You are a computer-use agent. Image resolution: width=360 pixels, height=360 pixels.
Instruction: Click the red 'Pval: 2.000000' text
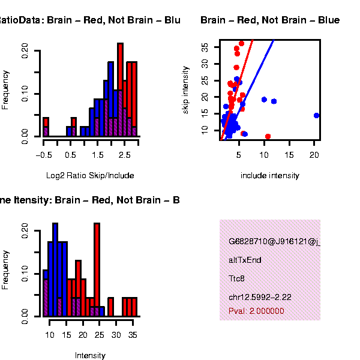(256, 311)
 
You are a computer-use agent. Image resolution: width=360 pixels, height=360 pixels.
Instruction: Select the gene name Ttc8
(236, 279)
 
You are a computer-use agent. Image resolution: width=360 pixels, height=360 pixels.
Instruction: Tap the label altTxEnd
(245, 260)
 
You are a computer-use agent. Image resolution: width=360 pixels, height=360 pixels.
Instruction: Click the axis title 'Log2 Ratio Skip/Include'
(90, 176)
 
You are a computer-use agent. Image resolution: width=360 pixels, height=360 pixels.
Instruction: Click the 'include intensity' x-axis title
(269, 176)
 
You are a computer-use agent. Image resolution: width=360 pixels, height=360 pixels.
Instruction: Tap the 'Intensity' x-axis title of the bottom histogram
(90, 355)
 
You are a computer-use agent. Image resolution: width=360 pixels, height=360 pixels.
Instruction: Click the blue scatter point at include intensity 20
(316, 115)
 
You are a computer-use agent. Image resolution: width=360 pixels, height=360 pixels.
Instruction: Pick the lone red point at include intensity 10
(268, 137)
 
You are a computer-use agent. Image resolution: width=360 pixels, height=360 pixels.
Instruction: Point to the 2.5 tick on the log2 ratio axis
(124, 155)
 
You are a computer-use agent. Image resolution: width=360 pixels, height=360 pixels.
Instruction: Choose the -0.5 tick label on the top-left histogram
(44, 155)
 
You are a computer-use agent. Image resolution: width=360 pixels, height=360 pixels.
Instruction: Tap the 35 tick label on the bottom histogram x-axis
(133, 334)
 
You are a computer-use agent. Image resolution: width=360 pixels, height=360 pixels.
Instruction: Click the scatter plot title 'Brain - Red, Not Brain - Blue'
(270, 20)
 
